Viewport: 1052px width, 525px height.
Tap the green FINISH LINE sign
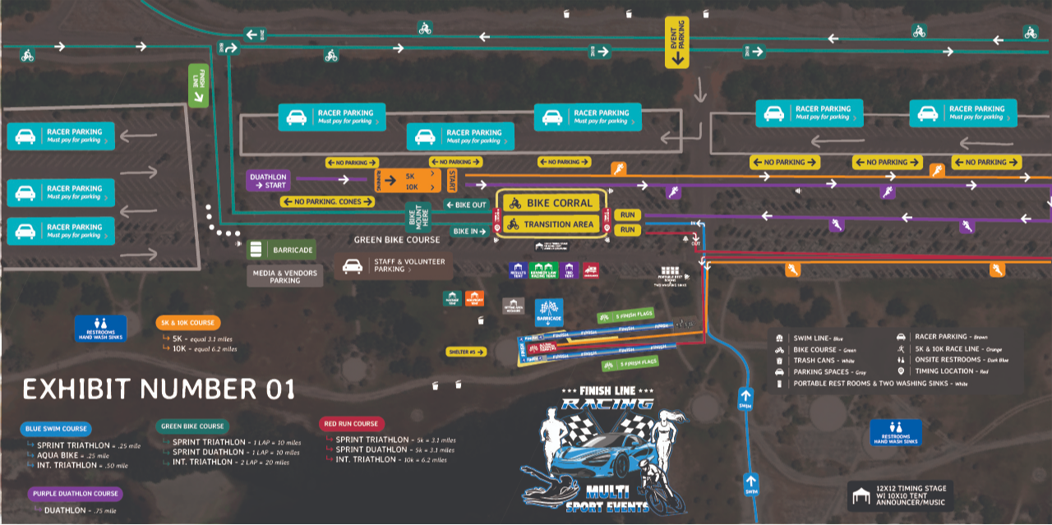198,85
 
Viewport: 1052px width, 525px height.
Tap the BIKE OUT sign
466,205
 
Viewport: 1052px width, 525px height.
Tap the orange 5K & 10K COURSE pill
187,323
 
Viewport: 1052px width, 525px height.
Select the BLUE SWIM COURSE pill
55,428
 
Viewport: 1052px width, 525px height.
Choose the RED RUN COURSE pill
351,424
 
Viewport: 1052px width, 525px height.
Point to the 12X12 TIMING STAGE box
902,496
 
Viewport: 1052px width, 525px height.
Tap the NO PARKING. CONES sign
328,201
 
